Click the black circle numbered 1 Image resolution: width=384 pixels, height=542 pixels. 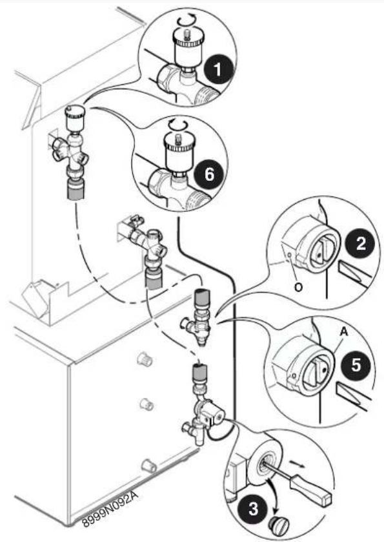[x=217, y=70]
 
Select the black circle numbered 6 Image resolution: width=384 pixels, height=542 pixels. [x=209, y=174]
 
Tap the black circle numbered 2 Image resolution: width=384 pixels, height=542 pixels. [x=361, y=243]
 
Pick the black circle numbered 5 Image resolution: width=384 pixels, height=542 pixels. [x=356, y=364]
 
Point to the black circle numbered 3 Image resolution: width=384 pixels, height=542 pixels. [x=253, y=508]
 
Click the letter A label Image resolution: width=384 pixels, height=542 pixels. [x=343, y=332]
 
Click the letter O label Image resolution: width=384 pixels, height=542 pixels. [x=298, y=287]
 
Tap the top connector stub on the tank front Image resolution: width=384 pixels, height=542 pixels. [x=145, y=359]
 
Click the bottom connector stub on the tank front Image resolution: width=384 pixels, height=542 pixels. [x=149, y=466]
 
